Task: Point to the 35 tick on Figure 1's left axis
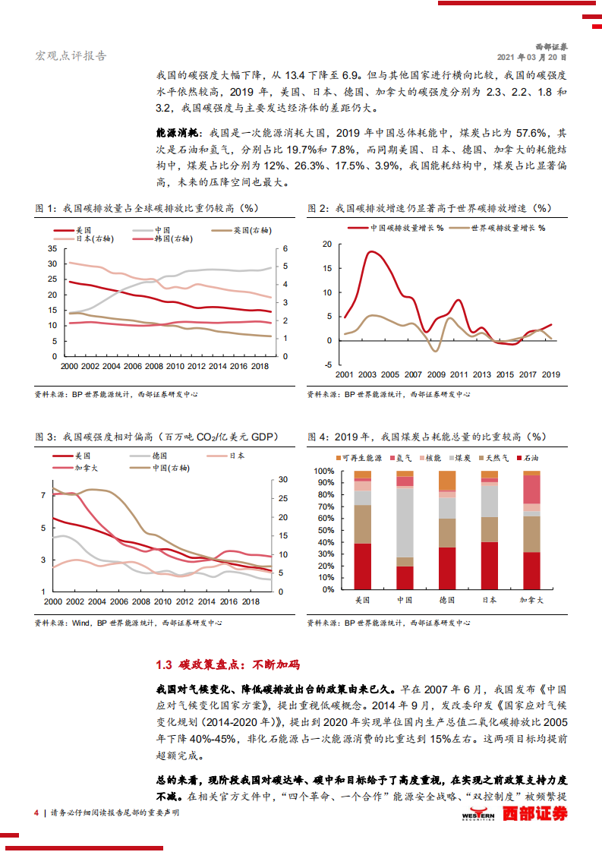coord(52,248)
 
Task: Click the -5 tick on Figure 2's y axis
coord(327,365)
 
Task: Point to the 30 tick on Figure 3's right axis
coord(283,480)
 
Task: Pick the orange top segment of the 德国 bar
coord(447,481)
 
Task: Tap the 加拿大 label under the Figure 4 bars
coord(532,601)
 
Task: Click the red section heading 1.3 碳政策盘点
coord(228,665)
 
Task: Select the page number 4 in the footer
coord(36,813)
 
